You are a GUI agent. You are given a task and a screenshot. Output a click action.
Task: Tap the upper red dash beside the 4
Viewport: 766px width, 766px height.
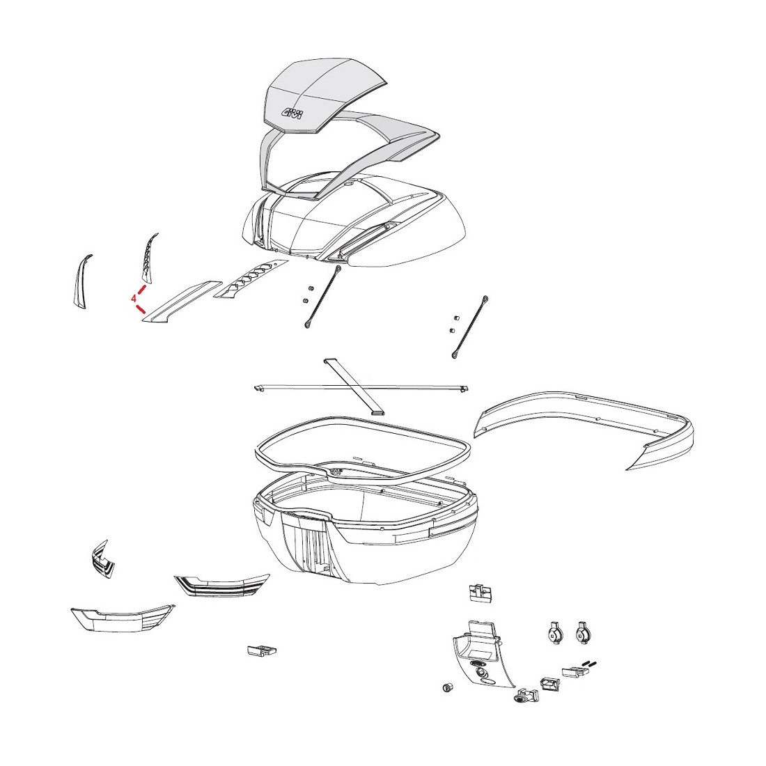click(x=142, y=290)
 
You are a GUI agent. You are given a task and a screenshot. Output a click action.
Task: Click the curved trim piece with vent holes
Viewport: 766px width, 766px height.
click(x=149, y=258)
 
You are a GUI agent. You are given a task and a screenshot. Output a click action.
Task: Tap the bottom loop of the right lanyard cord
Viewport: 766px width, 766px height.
click(x=455, y=355)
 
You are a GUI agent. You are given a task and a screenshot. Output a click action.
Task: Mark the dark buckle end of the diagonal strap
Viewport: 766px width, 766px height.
click(x=379, y=412)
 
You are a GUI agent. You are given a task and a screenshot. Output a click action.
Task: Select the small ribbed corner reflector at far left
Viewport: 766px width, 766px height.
click(x=102, y=559)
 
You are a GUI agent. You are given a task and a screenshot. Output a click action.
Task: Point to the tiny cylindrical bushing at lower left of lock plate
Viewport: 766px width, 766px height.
click(x=446, y=688)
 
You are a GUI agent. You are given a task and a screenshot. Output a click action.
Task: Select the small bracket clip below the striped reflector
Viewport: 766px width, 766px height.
click(x=262, y=650)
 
